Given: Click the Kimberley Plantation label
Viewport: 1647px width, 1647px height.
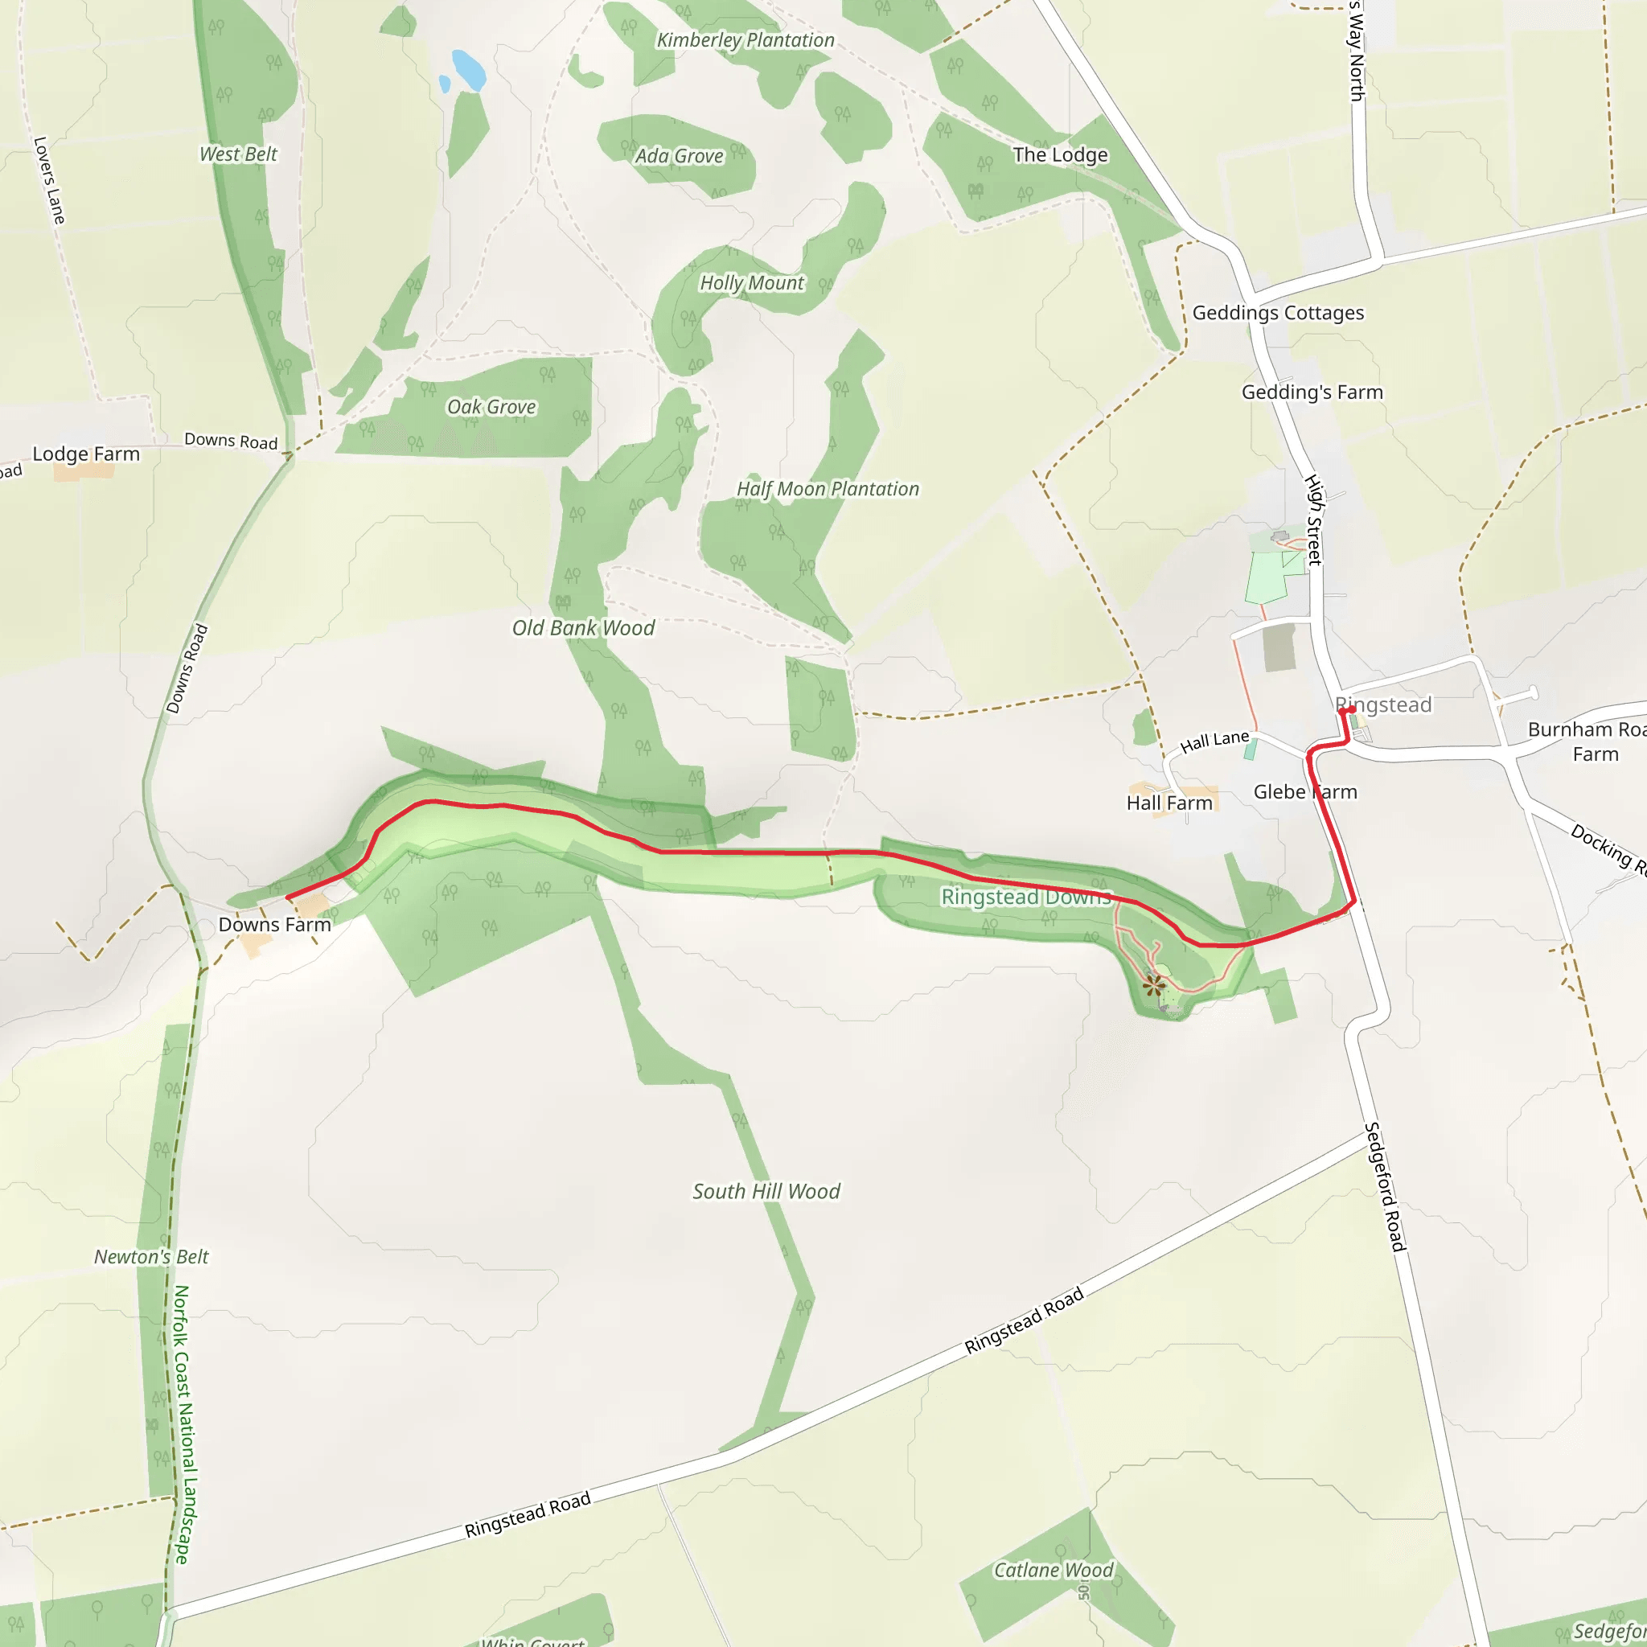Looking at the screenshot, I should point(745,40).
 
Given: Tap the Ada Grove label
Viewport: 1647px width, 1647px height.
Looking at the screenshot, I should point(679,156).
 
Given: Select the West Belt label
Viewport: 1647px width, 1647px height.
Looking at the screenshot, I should point(238,154).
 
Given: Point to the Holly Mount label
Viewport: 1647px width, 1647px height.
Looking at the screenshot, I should point(751,283).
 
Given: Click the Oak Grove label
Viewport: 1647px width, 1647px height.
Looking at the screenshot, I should point(491,408).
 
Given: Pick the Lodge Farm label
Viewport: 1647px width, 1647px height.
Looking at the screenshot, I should point(86,454).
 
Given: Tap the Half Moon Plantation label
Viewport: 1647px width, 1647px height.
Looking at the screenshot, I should point(828,489).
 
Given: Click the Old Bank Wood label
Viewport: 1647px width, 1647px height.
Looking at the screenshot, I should point(583,628).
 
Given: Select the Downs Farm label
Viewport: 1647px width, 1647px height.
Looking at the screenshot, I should point(274,925).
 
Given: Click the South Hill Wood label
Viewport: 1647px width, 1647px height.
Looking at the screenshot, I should point(766,1192).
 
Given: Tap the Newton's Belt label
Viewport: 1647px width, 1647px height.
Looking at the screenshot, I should point(151,1258).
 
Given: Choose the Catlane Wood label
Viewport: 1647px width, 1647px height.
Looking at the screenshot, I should point(1054,1571).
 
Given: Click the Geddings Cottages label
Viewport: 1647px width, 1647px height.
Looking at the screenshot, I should point(1278,313).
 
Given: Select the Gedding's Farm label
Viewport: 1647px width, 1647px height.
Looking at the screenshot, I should point(1312,393).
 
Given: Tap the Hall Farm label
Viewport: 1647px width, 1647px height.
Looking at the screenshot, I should point(1169,803).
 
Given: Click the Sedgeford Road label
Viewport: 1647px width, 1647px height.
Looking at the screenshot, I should point(1385,1188).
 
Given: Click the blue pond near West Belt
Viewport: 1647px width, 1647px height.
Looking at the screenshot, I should point(468,70).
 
